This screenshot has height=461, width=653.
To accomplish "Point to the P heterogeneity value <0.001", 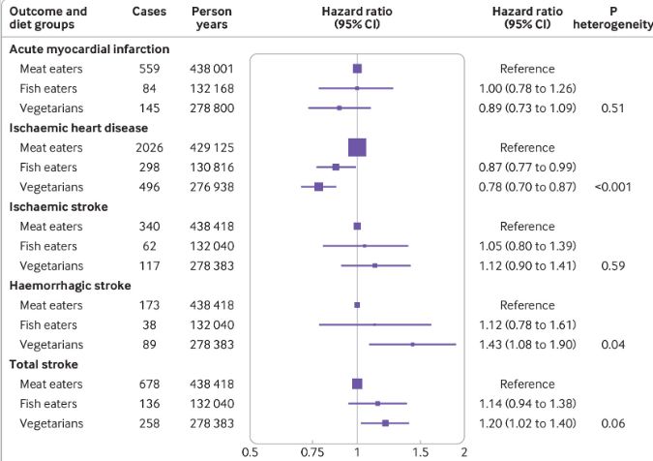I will [611, 186].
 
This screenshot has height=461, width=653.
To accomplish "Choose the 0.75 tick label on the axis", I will [312, 451].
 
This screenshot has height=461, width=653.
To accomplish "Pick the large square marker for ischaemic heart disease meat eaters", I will [357, 147].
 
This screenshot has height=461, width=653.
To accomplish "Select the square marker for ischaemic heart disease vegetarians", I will [318, 186].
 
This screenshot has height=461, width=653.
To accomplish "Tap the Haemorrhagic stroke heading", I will [69, 285].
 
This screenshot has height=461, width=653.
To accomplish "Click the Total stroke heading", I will [46, 364].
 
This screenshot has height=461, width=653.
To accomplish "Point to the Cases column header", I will [149, 12].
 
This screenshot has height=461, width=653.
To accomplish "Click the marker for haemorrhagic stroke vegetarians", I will [412, 344].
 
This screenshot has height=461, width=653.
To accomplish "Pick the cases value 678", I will [149, 384].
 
